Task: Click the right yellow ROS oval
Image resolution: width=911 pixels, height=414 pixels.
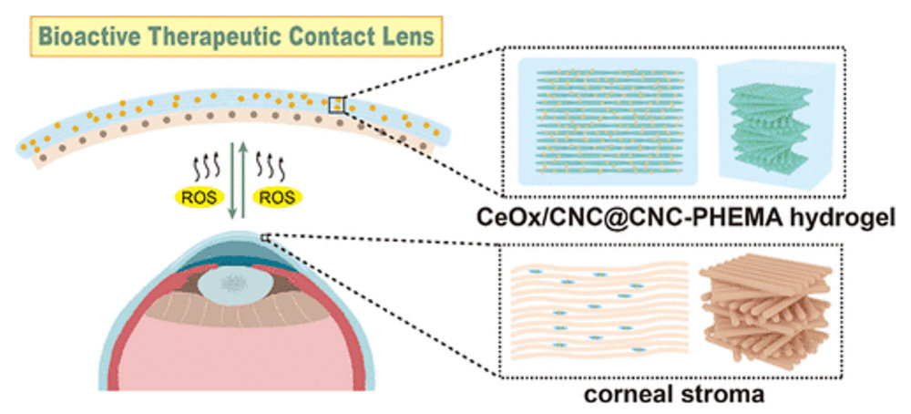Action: pos(281,195)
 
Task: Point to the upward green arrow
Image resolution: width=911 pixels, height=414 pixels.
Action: pos(246,182)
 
